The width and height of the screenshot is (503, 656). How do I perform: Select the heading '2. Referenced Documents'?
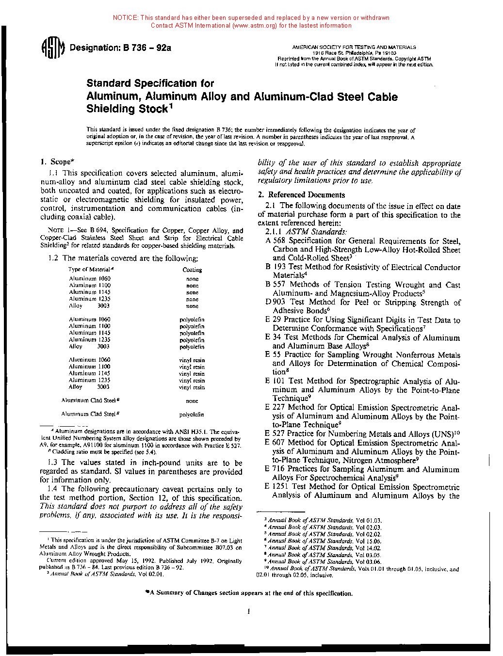point(301,195)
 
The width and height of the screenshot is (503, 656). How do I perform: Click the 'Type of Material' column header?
point(91,270)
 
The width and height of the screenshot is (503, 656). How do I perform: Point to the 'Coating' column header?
point(192,270)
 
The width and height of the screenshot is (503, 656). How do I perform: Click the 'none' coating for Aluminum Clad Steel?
point(192,401)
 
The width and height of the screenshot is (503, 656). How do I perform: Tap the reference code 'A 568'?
point(275,241)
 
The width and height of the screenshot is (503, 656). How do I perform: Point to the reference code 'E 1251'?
point(276,487)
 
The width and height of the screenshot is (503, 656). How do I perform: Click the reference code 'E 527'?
point(275,434)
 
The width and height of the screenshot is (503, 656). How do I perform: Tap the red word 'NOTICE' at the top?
point(125,18)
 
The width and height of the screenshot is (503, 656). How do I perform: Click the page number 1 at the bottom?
point(249,611)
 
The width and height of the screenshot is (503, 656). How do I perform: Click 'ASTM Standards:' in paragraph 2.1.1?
point(316,232)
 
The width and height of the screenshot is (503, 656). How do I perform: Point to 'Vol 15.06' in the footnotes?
point(368,541)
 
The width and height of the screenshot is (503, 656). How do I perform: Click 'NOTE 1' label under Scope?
point(59,230)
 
